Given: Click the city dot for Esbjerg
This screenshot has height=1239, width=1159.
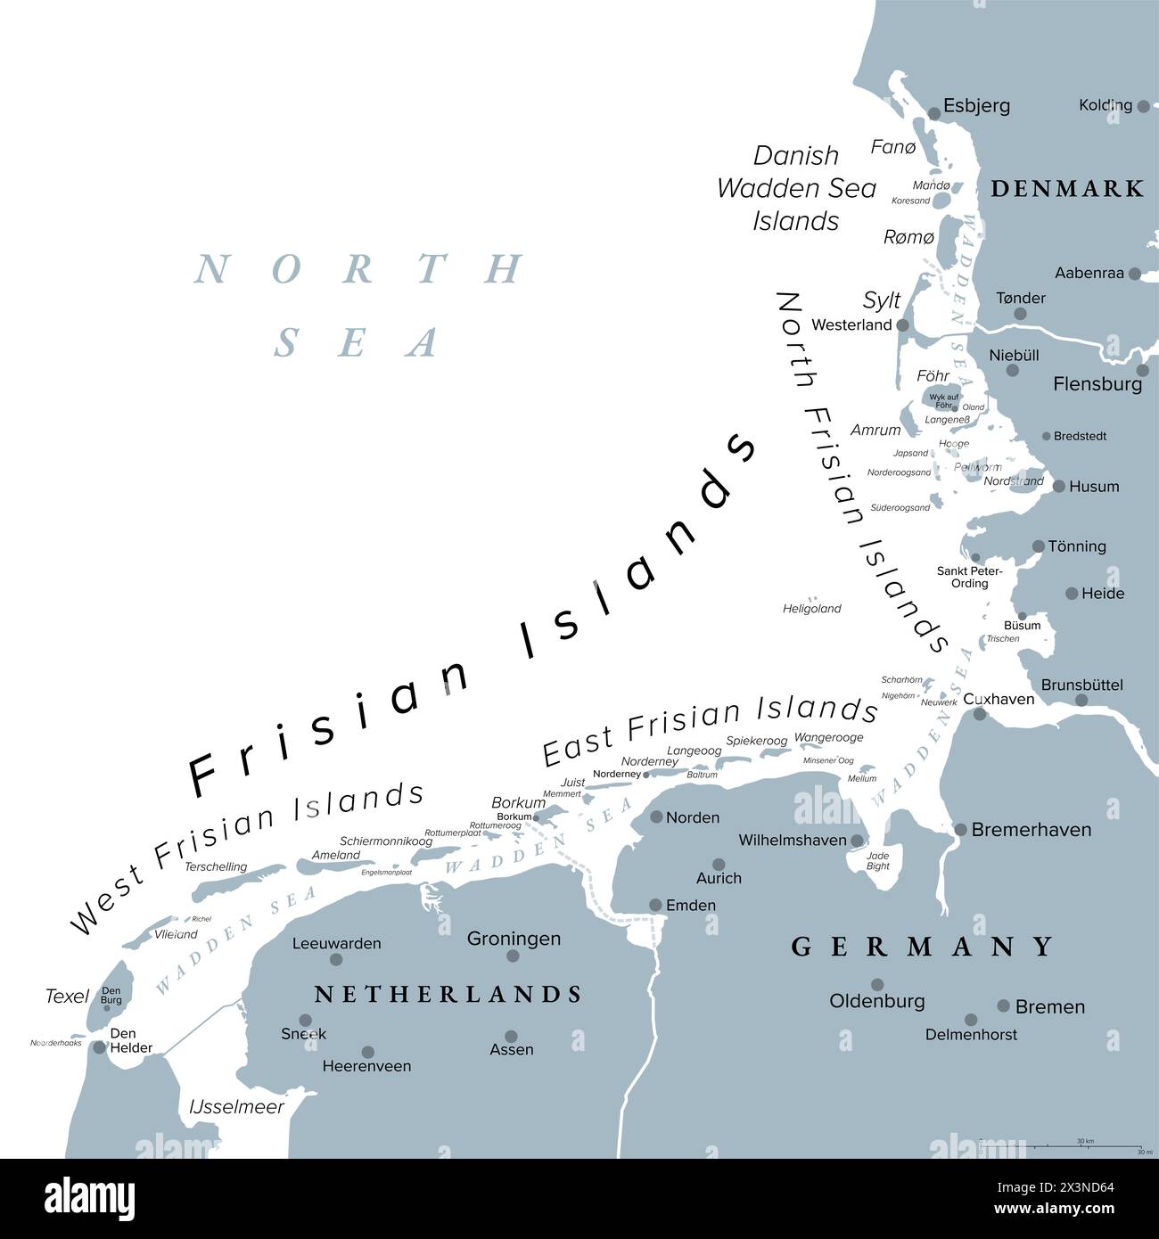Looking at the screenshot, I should [934, 113].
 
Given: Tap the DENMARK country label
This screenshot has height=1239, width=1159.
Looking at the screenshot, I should [1067, 188].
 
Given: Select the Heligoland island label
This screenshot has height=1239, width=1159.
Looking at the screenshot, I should [811, 609].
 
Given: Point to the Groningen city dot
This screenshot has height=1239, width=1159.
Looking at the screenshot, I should [513, 956].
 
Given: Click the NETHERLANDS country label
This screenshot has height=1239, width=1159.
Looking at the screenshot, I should [448, 994].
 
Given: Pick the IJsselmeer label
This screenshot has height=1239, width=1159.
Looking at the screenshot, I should [236, 1107].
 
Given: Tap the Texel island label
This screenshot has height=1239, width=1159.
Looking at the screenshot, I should [67, 996].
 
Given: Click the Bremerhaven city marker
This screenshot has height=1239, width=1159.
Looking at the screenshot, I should [960, 830].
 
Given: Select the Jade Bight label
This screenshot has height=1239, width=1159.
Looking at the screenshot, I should [877, 860].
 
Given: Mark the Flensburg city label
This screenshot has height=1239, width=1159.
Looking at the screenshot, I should [1097, 384].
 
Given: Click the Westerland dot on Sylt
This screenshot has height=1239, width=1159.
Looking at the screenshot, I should [902, 325].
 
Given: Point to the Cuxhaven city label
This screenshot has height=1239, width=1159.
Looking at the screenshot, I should [999, 699].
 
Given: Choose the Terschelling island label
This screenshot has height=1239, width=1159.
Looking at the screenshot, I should [215, 866].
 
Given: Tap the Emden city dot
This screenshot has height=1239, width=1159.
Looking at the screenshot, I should [655, 905].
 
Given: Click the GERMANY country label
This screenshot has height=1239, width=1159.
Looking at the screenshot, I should [923, 947].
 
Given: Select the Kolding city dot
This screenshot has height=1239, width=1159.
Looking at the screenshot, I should [1140, 105].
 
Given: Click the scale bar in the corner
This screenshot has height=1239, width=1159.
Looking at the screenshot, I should [1061, 1146].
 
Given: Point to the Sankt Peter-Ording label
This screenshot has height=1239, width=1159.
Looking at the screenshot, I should [969, 577].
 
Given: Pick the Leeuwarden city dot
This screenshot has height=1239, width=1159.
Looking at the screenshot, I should [336, 960].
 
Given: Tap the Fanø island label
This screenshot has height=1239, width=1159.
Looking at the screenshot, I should [892, 147].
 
